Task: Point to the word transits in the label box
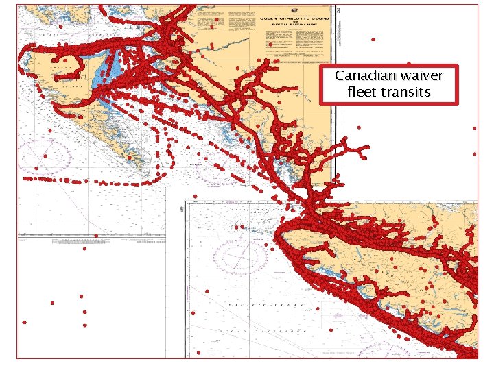click(x=405, y=91)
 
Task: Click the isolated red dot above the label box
click(x=373, y=40)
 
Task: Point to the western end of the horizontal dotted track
click(x=26, y=179)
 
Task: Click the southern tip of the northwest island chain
click(x=147, y=168)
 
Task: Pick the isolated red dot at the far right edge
click(x=475, y=128)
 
